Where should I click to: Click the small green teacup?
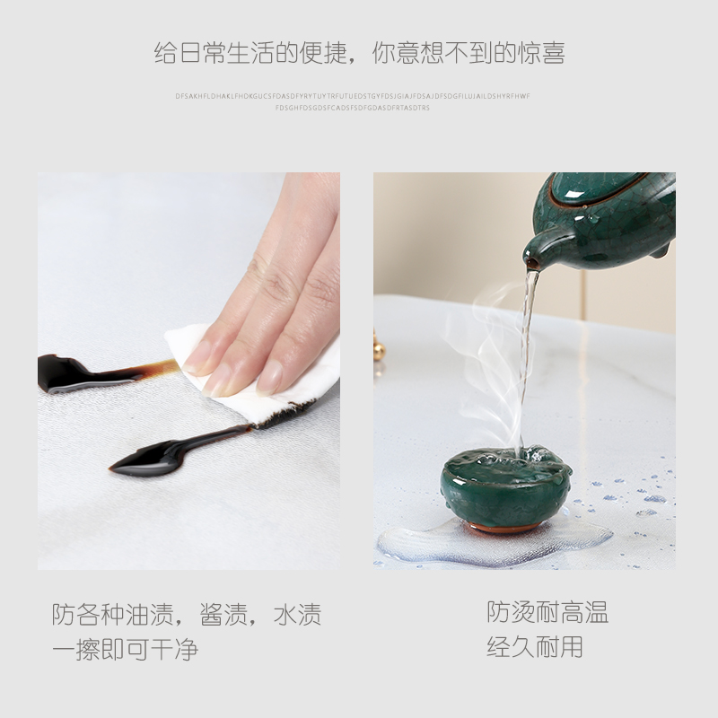[505, 488]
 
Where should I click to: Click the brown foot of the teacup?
[507, 528]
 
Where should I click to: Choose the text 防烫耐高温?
[547, 613]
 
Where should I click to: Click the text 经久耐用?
[535, 647]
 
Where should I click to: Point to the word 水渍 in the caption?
[297, 616]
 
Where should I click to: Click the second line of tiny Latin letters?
[352, 109]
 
